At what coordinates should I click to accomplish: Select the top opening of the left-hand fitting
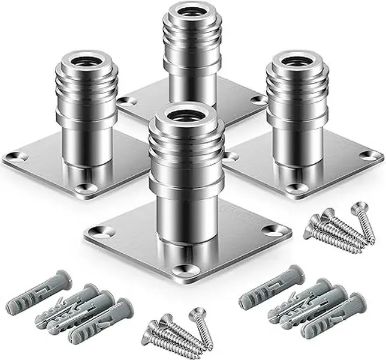coord(85,61)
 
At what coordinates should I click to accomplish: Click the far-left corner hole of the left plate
coord(16,157)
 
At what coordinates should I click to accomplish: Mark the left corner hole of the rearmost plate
coord(128,101)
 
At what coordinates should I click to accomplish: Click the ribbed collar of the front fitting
coord(186,150)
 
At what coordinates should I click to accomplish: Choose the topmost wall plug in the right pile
coord(270,287)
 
